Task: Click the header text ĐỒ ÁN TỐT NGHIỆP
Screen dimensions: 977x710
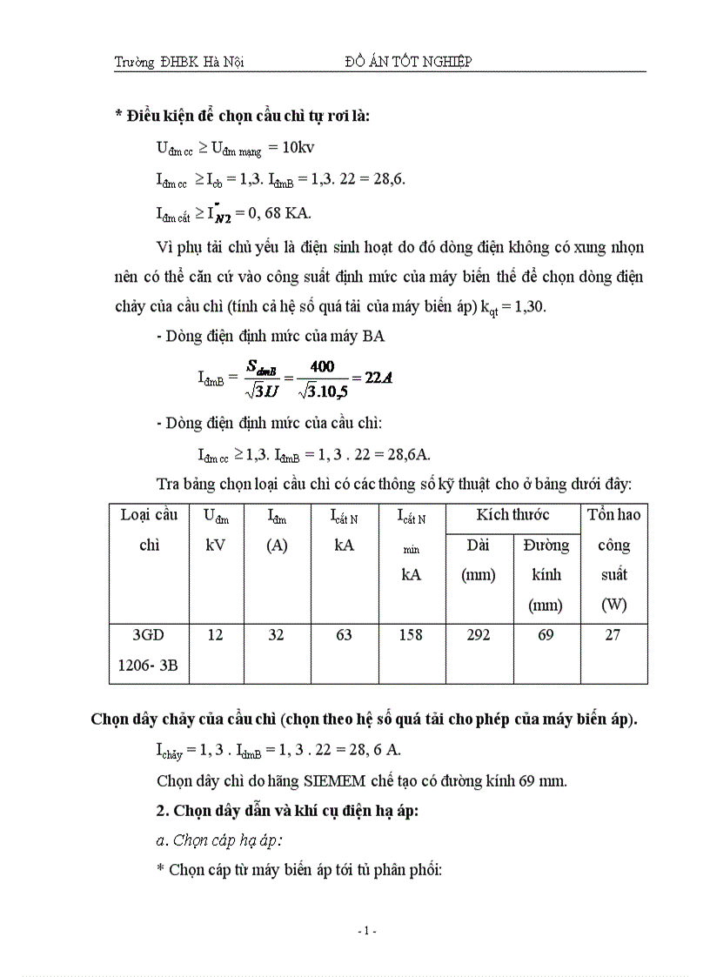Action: (408, 61)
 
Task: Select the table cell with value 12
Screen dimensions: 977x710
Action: (215, 635)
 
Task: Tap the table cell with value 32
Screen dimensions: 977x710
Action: (276, 635)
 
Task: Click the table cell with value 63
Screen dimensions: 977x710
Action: (344, 635)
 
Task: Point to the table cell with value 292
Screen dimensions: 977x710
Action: (479, 635)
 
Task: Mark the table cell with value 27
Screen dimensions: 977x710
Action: (613, 635)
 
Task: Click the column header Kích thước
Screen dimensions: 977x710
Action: (512, 515)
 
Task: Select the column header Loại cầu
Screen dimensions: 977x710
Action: (149, 514)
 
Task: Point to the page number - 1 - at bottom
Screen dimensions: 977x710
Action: (366, 931)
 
